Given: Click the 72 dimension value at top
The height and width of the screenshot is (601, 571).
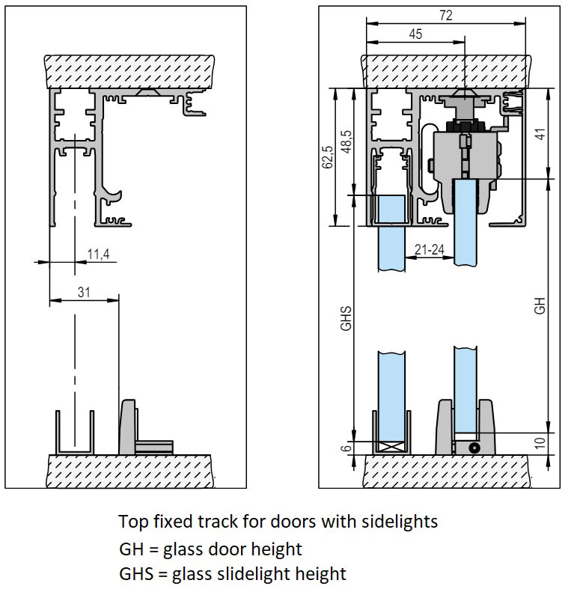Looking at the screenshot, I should point(447,15).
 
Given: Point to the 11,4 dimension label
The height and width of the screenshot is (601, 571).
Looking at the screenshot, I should point(98,255).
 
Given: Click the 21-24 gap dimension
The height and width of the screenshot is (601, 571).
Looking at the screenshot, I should point(430,250).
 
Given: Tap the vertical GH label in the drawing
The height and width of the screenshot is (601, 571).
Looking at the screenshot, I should point(540,306).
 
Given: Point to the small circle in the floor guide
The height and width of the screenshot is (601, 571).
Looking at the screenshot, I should point(473,447).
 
